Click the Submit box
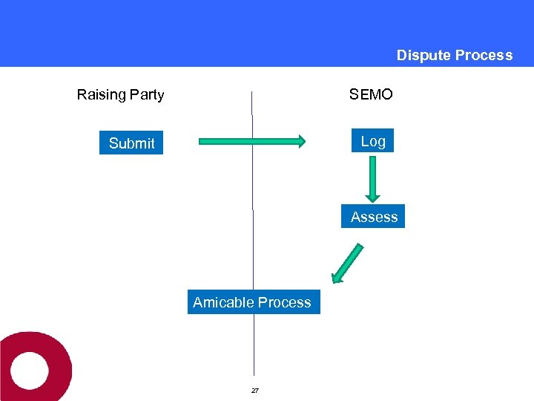[x=131, y=143]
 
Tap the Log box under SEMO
[x=373, y=141]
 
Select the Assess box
[x=374, y=217]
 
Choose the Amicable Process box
[x=253, y=302]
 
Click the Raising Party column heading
[x=120, y=94]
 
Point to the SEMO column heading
[x=371, y=94]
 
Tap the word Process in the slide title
[x=484, y=55]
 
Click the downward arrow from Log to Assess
[x=373, y=178]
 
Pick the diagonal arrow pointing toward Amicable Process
[x=348, y=264]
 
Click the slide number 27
[x=254, y=391]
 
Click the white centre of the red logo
[x=28, y=369]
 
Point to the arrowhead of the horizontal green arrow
[x=299, y=141]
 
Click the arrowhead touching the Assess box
[x=373, y=198]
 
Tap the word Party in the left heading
[x=147, y=94]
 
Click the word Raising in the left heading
[x=102, y=94]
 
